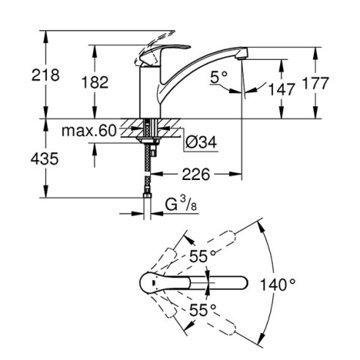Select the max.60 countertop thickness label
coord(89,131)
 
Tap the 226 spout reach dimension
coord(195,175)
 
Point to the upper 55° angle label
coord(203,256)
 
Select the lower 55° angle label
coord(203,309)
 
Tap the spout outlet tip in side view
coord(244,54)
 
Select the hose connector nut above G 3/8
coord(149,196)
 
